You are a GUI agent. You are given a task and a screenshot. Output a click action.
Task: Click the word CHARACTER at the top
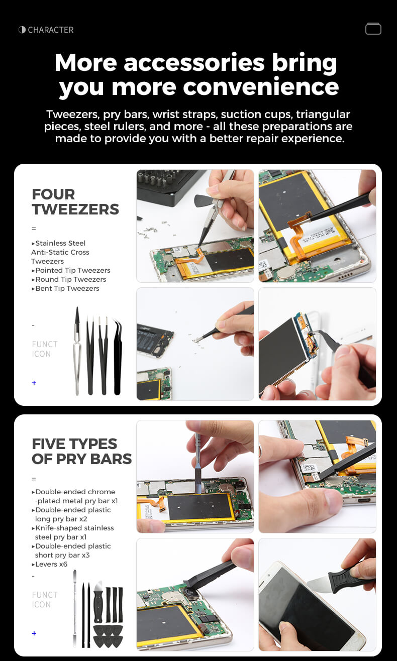point(50,30)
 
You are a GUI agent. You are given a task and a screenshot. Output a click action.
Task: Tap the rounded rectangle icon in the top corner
point(373,29)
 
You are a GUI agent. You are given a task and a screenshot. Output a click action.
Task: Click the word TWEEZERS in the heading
point(75,209)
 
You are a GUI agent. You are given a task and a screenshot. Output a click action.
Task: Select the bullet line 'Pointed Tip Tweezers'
point(71,270)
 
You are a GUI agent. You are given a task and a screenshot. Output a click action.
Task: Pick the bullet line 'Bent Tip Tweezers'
point(65,288)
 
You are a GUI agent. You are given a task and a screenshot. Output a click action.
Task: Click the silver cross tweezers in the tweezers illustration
point(77,351)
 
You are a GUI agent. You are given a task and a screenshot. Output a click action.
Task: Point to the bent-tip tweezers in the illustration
point(118,357)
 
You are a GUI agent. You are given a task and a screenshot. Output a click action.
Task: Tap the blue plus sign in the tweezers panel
point(34,383)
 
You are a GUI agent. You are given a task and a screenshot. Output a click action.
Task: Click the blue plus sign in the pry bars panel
point(34,633)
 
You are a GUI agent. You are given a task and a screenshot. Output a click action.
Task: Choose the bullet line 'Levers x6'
point(50,564)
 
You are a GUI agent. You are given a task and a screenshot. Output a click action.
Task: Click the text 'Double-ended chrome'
point(73,492)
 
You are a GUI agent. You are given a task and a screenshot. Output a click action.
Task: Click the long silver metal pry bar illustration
point(75,608)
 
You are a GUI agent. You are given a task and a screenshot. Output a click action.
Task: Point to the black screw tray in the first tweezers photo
point(168,186)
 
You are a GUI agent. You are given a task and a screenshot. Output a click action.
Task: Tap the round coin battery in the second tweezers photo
point(285,274)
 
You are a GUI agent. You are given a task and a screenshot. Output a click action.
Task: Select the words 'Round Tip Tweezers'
point(69,279)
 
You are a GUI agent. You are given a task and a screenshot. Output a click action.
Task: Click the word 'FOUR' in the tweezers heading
point(53,194)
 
